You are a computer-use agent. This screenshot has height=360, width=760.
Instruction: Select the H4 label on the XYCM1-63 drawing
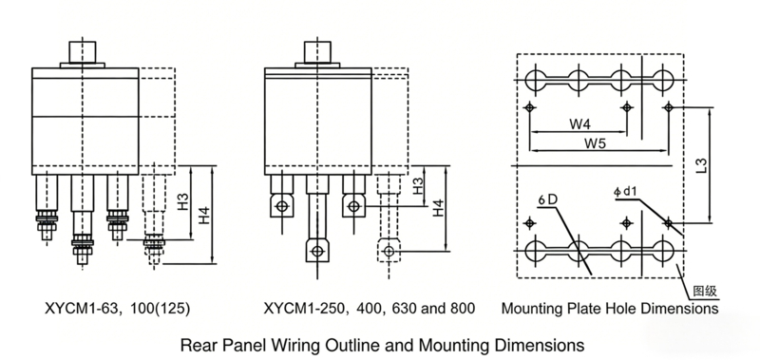coord(205,220)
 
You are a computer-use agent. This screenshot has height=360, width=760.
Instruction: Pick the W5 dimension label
coord(596,144)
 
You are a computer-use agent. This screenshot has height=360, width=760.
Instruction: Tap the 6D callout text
coord(546,200)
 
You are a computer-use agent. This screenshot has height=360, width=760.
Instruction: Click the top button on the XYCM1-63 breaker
coord(78,51)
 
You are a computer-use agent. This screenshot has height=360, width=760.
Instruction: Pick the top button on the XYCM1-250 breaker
coord(316,52)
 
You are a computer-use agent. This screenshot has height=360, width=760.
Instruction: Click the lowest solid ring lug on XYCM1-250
coord(316,251)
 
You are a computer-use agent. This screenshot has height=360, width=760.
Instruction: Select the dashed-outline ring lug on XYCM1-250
coord(388,249)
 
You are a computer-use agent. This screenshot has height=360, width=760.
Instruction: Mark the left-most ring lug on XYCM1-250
coord(281,205)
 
